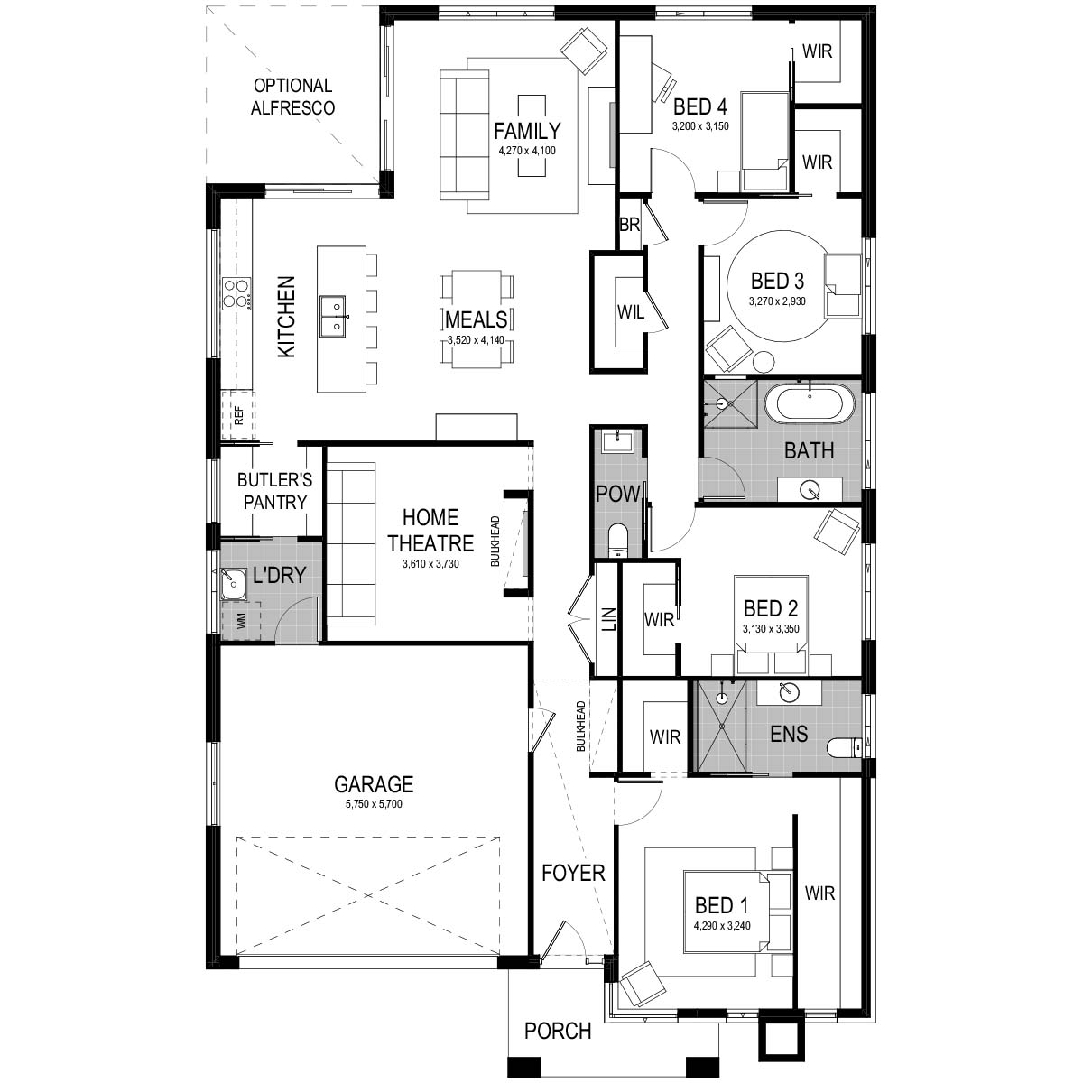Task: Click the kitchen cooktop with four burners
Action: (236, 294)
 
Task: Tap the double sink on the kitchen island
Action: (333, 317)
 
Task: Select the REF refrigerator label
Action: (239, 416)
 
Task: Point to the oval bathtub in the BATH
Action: (810, 404)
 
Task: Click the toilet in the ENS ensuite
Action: (844, 747)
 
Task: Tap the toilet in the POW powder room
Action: (617, 540)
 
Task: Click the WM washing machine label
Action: (242, 621)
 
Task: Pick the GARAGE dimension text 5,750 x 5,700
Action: (374, 804)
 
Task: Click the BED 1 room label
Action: (722, 905)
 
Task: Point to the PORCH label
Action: (558, 1031)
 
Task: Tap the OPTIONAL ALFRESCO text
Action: (292, 97)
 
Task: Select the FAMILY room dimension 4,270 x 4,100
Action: (526, 151)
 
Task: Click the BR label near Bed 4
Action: (629, 225)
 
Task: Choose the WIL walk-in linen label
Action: (631, 312)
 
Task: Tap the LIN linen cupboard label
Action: (609, 619)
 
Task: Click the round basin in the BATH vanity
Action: (810, 489)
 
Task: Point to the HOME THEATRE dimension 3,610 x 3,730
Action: (430, 564)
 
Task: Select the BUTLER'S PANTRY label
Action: (275, 491)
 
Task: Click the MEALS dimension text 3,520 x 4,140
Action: (476, 340)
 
